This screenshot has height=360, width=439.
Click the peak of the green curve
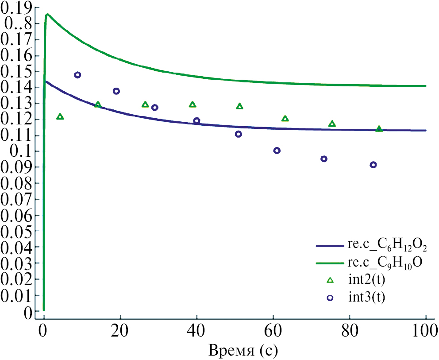[x=47, y=14]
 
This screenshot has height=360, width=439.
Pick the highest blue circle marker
[x=77, y=75]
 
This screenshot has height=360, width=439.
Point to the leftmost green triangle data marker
[x=60, y=116]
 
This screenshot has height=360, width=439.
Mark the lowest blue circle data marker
[x=373, y=165]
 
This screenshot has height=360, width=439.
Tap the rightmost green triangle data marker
[x=379, y=129]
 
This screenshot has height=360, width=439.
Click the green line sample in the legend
[x=330, y=263]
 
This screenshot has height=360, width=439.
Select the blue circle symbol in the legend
[x=330, y=298]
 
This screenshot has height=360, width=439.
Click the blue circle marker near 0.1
[x=277, y=151]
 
